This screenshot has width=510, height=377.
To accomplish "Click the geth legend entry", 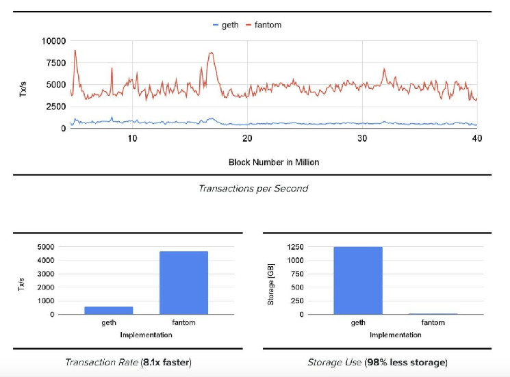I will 229,25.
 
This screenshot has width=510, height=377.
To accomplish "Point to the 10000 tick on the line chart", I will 55,41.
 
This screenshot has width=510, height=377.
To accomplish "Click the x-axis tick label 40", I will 477,138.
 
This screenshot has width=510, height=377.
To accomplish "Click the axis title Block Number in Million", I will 274,162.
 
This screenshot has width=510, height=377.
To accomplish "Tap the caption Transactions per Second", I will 253,188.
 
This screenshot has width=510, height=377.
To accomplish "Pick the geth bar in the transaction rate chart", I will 109,310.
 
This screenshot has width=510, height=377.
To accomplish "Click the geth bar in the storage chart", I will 358,281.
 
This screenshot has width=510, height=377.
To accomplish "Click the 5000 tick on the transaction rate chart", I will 47,247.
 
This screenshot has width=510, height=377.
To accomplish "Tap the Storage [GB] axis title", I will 271,280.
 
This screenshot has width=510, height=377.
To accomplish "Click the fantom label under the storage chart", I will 433,322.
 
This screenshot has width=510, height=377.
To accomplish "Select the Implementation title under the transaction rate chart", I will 146,335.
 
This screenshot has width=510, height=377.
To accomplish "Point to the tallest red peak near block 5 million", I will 75,51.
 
